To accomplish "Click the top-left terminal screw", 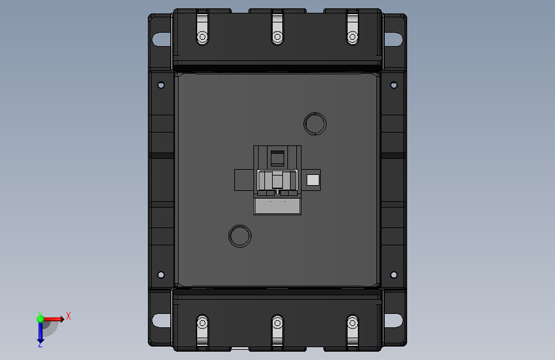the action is [202, 37].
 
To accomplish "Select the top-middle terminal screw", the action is [278, 37].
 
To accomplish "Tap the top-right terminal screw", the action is [353, 37].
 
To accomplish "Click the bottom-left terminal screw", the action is [202, 323].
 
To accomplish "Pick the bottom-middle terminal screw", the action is [278, 323].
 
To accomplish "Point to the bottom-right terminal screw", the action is [353, 323].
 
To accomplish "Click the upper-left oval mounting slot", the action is [162, 39].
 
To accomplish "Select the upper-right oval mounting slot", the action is [393, 39].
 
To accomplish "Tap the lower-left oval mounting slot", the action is [162, 321].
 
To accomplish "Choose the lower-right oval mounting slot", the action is [393, 321].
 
